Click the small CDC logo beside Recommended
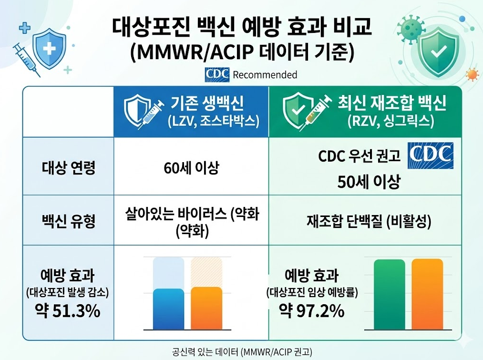point(217,75)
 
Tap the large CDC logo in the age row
point(430,155)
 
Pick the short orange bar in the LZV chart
point(206,308)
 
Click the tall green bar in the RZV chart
point(390,294)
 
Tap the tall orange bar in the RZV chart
point(427,294)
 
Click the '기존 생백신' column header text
point(207,103)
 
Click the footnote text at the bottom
point(242,352)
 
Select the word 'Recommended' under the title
point(265,75)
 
